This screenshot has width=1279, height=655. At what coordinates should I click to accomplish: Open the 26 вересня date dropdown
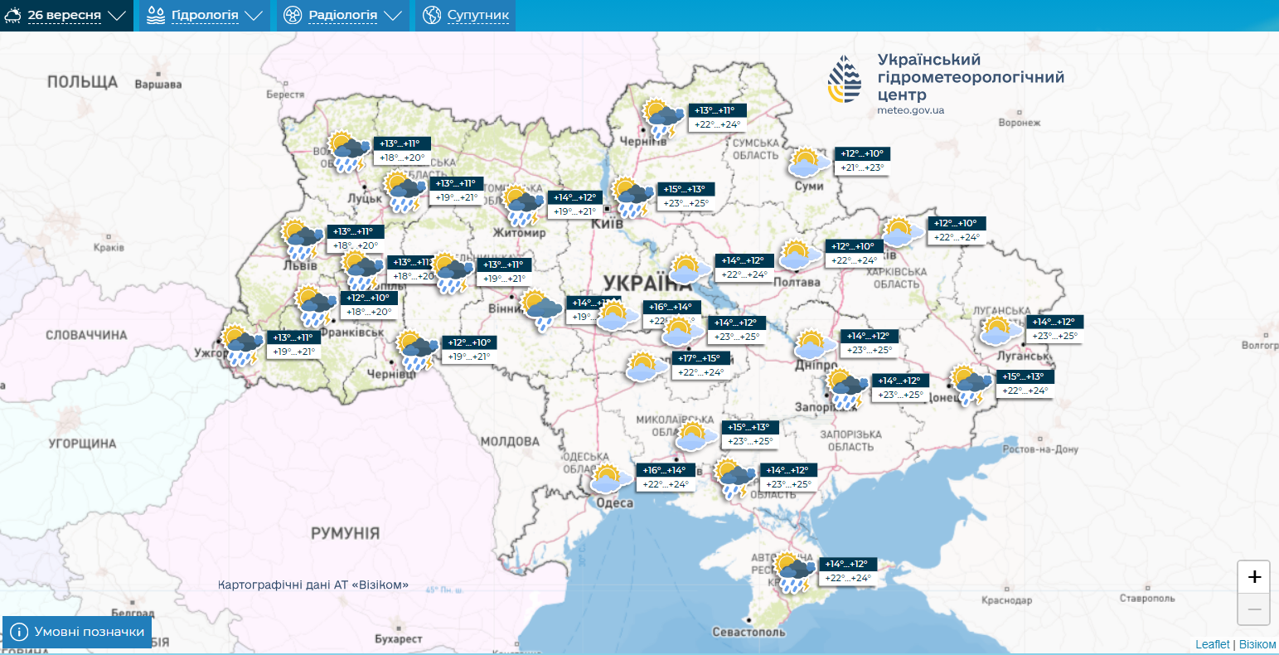click(65, 16)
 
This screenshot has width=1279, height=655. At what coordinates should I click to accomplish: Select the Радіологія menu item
click(342, 16)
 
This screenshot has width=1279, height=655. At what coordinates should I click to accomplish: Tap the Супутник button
click(466, 16)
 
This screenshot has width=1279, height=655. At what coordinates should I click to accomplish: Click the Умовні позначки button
click(78, 632)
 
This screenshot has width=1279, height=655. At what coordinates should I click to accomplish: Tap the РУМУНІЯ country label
click(345, 533)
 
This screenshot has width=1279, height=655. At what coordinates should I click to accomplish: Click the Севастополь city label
click(749, 632)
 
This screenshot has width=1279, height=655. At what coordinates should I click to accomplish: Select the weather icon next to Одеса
click(608, 478)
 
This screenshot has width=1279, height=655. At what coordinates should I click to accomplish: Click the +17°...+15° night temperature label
click(700, 358)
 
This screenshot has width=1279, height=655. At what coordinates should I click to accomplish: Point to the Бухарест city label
click(398, 639)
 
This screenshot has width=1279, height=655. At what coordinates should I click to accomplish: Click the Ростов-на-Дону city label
click(1039, 449)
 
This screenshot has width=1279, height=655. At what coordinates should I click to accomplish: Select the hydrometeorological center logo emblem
click(845, 80)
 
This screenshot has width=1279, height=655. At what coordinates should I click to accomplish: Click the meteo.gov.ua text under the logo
click(910, 110)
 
